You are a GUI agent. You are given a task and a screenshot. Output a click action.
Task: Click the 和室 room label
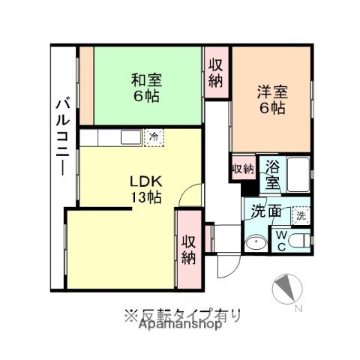pyautogui.click(x=146, y=78)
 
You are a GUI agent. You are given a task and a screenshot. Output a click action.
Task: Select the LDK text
pyautogui.click(x=145, y=181)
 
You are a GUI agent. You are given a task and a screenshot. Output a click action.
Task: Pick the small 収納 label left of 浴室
pyautogui.click(x=242, y=168)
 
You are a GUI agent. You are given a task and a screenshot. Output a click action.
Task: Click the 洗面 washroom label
pyautogui.click(x=266, y=211)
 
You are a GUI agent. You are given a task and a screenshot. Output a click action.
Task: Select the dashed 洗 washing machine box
pyautogui.click(x=300, y=213)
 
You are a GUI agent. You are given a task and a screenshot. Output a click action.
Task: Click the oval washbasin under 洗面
pyautogui.click(x=254, y=241)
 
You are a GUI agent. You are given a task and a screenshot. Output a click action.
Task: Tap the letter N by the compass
pyautogui.click(x=298, y=308)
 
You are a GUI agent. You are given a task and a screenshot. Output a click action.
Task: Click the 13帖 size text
pyautogui.click(x=145, y=197)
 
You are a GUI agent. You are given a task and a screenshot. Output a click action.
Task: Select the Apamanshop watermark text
pyautogui.click(x=178, y=325)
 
